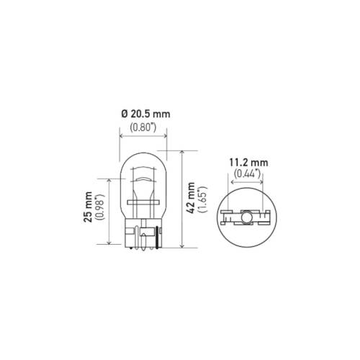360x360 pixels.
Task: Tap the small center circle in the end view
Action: (x=245, y=217)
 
